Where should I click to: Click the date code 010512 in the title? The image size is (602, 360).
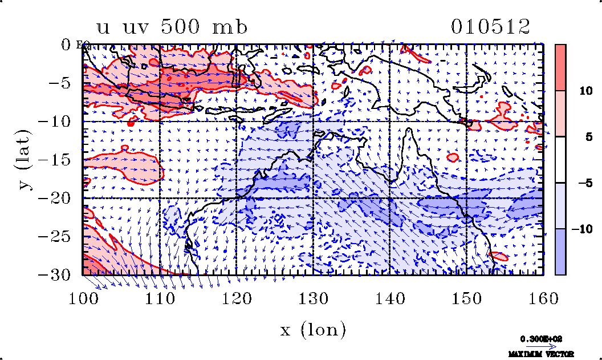[x=490, y=27]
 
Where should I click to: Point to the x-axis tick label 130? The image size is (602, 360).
[x=314, y=298]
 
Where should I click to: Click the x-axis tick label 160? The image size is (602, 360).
[x=543, y=298]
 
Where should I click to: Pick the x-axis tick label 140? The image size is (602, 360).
[x=390, y=298]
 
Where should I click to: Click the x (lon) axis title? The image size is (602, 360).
[x=313, y=330]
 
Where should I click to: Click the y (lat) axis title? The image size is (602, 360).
[x=23, y=160]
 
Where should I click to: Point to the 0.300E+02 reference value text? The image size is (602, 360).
[x=539, y=338]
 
